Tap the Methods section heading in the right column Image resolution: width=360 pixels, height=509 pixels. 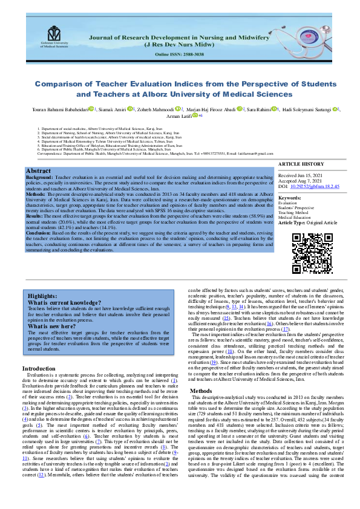201,391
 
